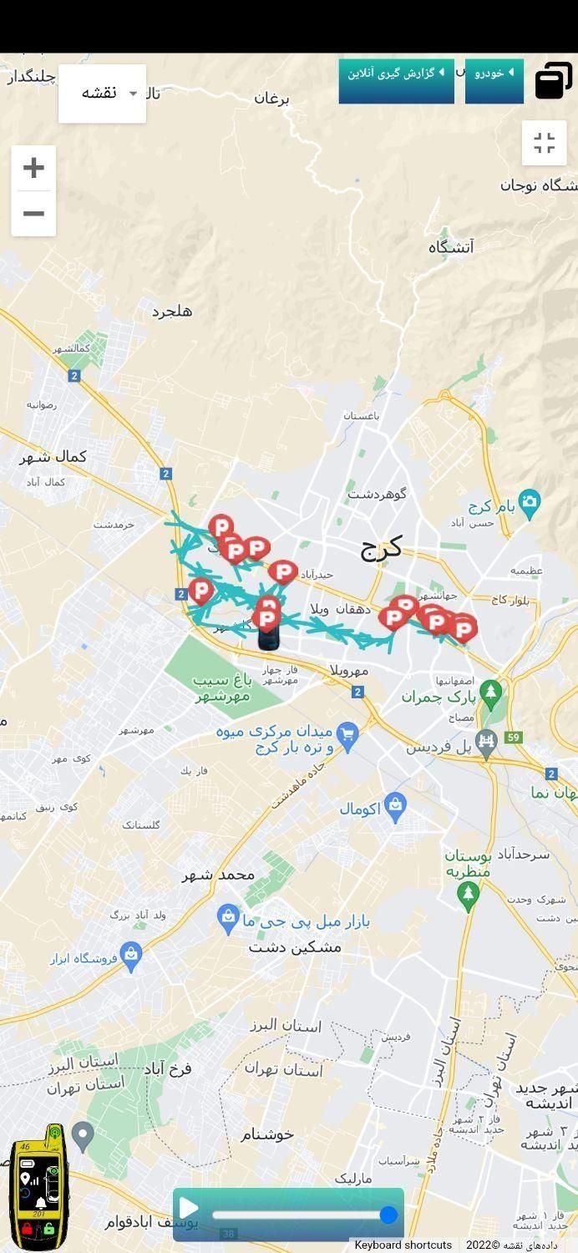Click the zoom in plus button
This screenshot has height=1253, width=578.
click(x=33, y=168)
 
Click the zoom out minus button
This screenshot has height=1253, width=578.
click(x=33, y=214)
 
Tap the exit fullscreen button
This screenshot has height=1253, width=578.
click(x=544, y=143)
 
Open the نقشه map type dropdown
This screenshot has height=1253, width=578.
click(x=102, y=94)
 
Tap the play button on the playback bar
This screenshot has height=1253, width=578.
click(x=189, y=1208)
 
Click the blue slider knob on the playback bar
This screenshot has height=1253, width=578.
click(x=388, y=1215)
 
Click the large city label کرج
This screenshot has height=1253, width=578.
click(x=381, y=548)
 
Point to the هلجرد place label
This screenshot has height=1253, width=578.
click(x=172, y=312)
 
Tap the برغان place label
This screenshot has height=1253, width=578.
click(x=271, y=99)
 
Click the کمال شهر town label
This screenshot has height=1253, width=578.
click(x=53, y=457)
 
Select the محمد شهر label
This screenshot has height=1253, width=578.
click(x=218, y=875)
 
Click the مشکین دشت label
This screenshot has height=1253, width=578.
click(x=295, y=947)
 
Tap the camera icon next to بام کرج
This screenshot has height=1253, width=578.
click(x=529, y=501)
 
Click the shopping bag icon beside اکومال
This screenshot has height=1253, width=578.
click(x=396, y=804)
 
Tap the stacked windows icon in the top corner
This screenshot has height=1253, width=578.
click(x=552, y=80)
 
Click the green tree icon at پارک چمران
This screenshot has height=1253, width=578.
click(x=491, y=692)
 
